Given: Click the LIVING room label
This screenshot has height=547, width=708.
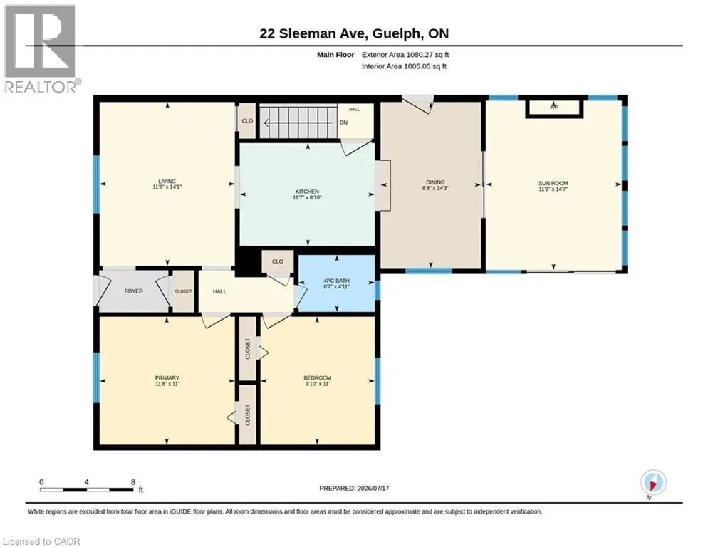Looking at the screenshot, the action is [167, 181].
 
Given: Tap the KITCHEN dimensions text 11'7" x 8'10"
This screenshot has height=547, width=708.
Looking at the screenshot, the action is [307, 197].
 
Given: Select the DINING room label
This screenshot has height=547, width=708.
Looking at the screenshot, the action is [435, 182].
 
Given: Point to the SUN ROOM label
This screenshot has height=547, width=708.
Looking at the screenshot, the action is [553, 183].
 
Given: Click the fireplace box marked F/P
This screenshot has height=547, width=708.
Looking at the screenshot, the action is [554, 108].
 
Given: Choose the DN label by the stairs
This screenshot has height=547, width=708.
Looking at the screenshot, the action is [343, 123].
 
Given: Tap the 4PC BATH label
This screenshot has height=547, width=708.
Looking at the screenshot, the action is [336, 281].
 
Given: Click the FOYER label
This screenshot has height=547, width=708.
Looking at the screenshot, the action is [134, 291].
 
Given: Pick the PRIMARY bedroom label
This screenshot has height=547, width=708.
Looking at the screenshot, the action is [167, 378].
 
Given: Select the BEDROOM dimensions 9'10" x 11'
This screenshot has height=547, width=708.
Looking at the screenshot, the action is [318, 384].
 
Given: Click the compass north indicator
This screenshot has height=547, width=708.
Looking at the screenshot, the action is [653, 483].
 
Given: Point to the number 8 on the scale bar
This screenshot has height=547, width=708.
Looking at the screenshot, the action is [132, 482].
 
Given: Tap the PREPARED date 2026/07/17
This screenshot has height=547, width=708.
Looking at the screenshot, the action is [373, 489].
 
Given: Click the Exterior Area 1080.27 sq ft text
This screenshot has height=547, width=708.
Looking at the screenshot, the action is [405, 55].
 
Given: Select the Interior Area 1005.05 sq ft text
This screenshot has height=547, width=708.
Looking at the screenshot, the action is [404, 66].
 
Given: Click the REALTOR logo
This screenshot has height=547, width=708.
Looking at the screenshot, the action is [42, 48].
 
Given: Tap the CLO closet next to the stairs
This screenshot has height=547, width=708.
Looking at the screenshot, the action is [247, 121].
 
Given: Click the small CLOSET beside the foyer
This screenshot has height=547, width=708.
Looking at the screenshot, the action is [183, 291].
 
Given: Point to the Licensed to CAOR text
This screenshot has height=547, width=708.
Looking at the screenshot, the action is [41, 541].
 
